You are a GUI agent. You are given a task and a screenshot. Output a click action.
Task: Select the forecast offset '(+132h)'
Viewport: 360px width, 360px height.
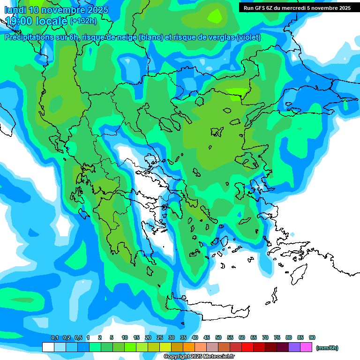pos(83,21)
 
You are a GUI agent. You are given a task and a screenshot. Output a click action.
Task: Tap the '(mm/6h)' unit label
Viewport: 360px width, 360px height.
pos(327,348)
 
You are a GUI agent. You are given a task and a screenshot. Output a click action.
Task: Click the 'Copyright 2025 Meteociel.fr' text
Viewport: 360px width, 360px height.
pos(199,357)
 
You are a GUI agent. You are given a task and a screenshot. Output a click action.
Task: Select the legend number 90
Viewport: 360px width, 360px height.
pos(312,337)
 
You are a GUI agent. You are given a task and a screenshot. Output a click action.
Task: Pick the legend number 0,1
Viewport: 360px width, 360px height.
pos(54,337)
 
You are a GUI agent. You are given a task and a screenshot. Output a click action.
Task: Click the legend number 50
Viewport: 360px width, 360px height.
pos(218,337)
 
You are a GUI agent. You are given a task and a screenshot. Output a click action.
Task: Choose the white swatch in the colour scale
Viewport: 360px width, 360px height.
pos(48,347)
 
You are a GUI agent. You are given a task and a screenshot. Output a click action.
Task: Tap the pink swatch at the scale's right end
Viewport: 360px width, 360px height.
pos(306,347)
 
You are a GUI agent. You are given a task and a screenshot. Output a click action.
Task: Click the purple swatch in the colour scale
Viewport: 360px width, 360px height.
pos(294,347)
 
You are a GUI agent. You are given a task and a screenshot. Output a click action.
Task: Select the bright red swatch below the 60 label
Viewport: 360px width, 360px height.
pos(247,347)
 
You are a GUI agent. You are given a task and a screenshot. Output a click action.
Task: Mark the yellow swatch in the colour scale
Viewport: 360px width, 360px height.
pos(165,347)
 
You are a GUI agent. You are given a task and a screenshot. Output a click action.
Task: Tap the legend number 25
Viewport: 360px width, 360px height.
pos(159,337)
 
